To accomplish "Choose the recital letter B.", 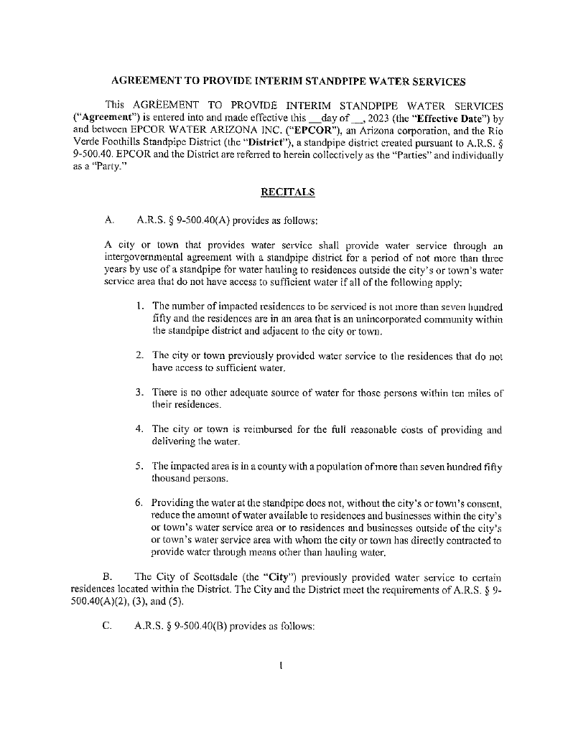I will coord(108,576).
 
